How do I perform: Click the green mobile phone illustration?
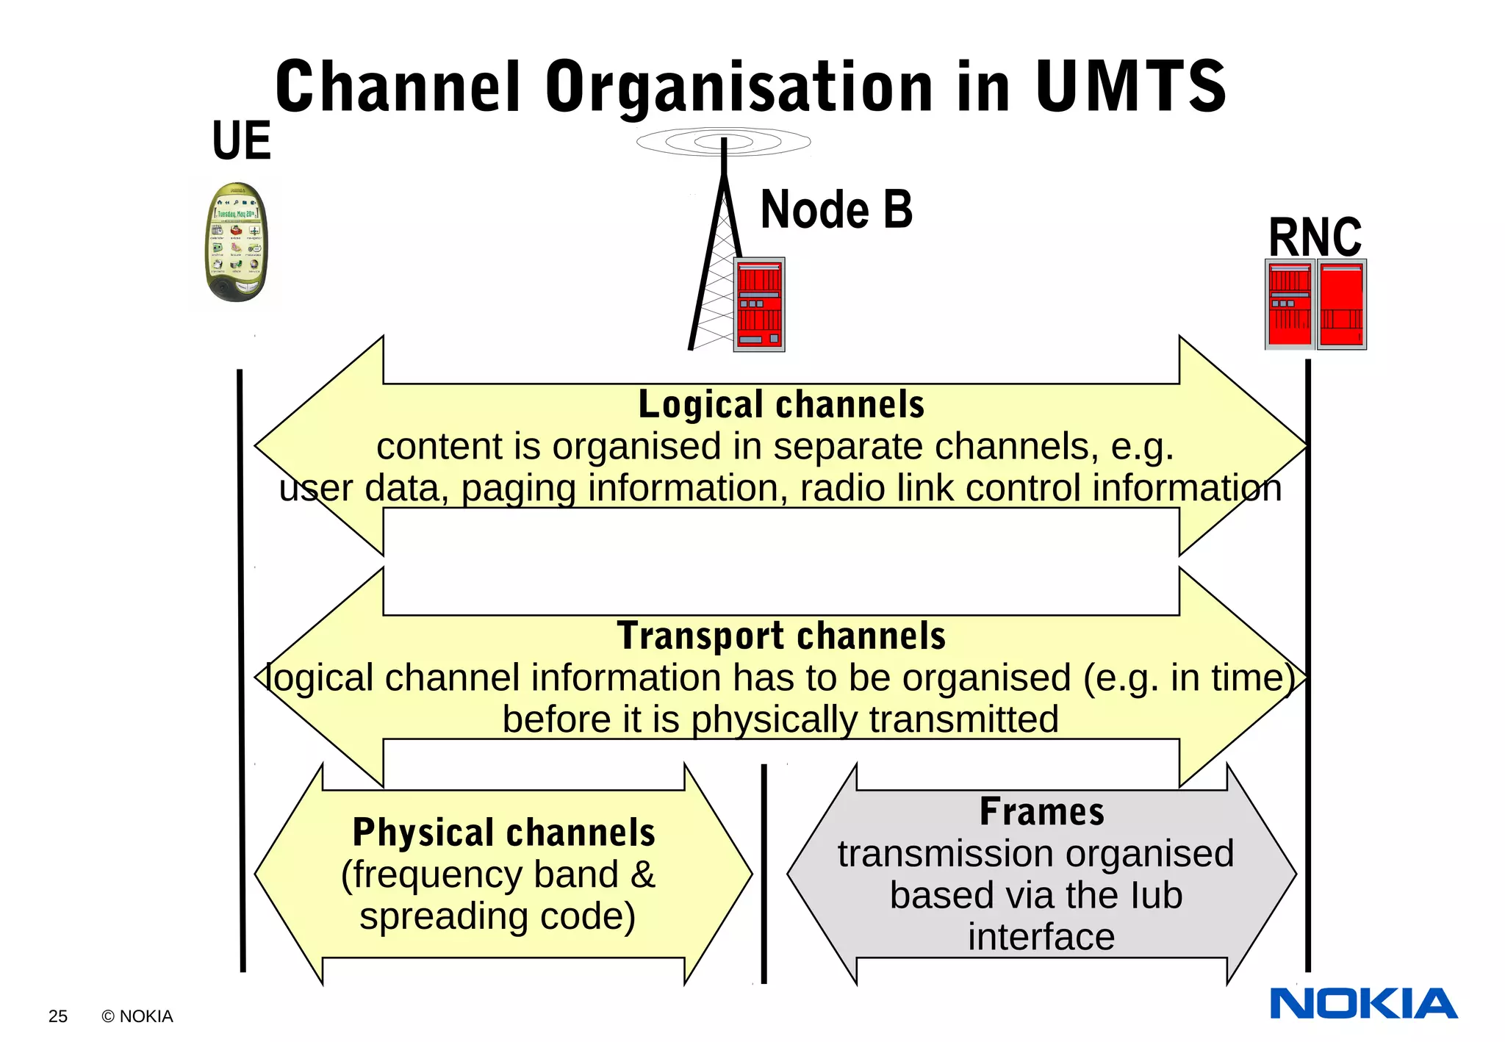click(x=236, y=242)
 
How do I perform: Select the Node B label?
click(x=836, y=210)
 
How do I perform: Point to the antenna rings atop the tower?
click(x=723, y=141)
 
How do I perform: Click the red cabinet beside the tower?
click(x=759, y=304)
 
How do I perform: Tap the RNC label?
click(x=1315, y=237)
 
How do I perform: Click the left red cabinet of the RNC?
click(x=1290, y=304)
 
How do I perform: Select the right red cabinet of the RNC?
click(x=1341, y=304)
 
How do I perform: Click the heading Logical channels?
click(x=780, y=405)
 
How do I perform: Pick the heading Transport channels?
click(x=780, y=636)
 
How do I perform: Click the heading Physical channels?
click(x=503, y=833)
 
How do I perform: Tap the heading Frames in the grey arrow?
click(x=1041, y=812)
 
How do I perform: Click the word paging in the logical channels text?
click(x=518, y=489)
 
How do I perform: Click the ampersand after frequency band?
click(x=642, y=875)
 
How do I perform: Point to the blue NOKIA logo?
click(x=1363, y=1004)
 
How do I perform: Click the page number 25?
click(x=57, y=1016)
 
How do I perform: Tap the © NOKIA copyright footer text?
click(x=137, y=1016)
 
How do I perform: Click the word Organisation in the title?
click(x=739, y=87)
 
